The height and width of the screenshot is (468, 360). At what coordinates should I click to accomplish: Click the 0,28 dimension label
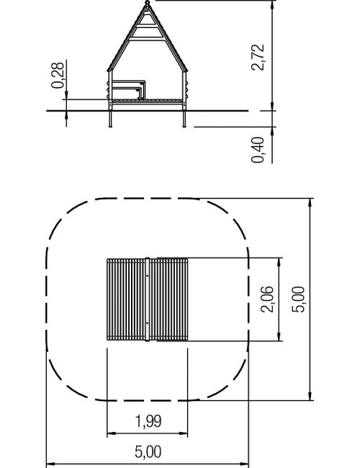58,75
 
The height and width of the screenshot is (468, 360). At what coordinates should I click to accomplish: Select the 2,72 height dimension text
258,58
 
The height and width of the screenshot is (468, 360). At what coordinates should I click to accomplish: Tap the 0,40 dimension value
258,150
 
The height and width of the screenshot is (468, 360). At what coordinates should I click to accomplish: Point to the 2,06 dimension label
266,299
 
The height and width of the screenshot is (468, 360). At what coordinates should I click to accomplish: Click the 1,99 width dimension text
148,421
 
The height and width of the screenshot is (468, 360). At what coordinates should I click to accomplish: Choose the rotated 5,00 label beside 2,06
298,299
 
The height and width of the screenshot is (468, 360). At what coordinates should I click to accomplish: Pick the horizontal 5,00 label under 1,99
148,452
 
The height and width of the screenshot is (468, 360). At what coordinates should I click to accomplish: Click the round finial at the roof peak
147,3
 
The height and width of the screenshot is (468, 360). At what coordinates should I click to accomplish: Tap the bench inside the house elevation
128,89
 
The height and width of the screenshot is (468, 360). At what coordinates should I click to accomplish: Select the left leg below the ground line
110,119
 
